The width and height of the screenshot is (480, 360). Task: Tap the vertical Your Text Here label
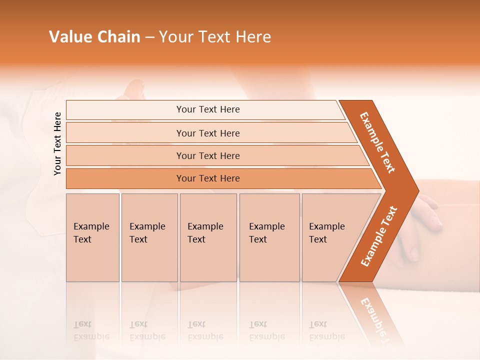click(x=57, y=143)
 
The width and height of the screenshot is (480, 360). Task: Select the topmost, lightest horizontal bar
click(x=207, y=109)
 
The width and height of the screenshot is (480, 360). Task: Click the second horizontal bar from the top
click(x=207, y=133)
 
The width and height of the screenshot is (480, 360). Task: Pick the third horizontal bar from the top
click(x=207, y=155)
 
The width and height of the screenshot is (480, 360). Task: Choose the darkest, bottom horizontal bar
click(x=207, y=178)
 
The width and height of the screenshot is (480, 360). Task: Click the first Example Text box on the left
click(x=92, y=237)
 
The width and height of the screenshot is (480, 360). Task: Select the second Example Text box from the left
click(x=149, y=237)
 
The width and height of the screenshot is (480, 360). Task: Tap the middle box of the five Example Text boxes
click(x=208, y=237)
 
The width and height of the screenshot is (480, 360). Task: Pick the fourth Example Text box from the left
click(x=269, y=237)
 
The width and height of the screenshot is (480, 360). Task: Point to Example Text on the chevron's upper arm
click(x=377, y=142)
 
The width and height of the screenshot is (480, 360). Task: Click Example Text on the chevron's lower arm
click(x=379, y=236)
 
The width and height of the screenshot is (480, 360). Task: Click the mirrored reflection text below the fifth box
click(x=326, y=330)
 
